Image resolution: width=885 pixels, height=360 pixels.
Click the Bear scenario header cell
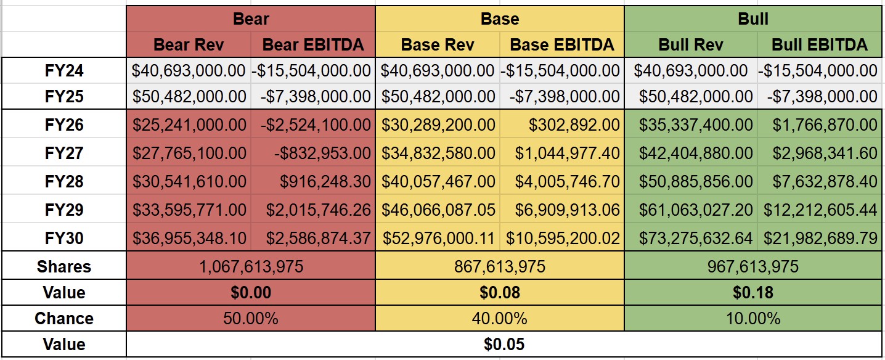pyautogui.click(x=250, y=18)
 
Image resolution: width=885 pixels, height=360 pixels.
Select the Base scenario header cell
pyautogui.click(x=499, y=18)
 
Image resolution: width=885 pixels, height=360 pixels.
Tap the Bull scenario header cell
pyautogui.click(x=753, y=18)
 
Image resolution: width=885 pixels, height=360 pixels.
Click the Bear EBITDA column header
pyautogui.click(x=313, y=44)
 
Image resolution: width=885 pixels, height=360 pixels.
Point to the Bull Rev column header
pyautogui.click(x=691, y=44)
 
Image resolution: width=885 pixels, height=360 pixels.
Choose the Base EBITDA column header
pyautogui.click(x=562, y=44)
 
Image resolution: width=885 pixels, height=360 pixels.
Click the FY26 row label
pyautogui.click(x=64, y=125)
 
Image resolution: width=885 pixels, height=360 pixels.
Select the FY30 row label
pyautogui.click(x=64, y=239)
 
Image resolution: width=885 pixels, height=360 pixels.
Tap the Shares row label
pyautogui.click(x=64, y=267)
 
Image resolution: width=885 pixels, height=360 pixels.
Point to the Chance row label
pyautogui.click(x=64, y=319)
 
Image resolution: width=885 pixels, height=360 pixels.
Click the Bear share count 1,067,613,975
pyautogui.click(x=250, y=267)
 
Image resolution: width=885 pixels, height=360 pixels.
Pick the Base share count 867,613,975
pyautogui.click(x=499, y=267)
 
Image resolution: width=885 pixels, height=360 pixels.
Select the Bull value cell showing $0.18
pyautogui.click(x=753, y=293)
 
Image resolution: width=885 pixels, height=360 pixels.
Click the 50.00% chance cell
pyautogui.click(x=250, y=319)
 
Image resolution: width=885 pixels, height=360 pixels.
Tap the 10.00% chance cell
pyautogui.click(x=753, y=319)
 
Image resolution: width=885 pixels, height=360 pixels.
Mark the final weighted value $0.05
pyautogui.click(x=504, y=344)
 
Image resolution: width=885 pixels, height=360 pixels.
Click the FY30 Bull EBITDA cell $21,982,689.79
pyautogui.click(x=820, y=239)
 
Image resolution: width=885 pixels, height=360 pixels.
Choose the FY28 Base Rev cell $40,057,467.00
pyautogui.click(x=438, y=182)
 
